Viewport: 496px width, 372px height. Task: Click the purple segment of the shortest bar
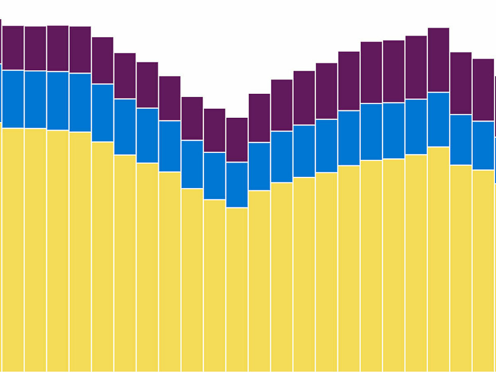pyautogui.click(x=237, y=140)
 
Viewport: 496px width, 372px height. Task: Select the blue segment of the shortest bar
pyautogui.click(x=237, y=185)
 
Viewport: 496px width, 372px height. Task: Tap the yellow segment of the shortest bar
pyautogui.click(x=237, y=289)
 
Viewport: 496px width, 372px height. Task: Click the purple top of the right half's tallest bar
pyautogui.click(x=439, y=60)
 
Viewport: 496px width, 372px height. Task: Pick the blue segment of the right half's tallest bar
pyautogui.click(x=439, y=119)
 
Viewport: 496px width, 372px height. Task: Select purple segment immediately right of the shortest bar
pyautogui.click(x=259, y=118)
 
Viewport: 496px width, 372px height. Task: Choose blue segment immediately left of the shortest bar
pyautogui.click(x=215, y=176)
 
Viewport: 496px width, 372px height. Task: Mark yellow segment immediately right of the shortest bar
pyautogui.click(x=259, y=281)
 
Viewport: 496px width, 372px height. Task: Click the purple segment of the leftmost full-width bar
pyautogui.click(x=13, y=48)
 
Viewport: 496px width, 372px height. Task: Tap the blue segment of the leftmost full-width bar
pyautogui.click(x=13, y=99)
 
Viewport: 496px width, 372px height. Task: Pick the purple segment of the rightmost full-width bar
pyautogui.click(x=483, y=90)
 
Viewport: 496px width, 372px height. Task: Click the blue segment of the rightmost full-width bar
pyautogui.click(x=483, y=145)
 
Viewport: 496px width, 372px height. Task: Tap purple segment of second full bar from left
pyautogui.click(x=35, y=48)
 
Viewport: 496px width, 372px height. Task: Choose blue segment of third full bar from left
pyautogui.click(x=57, y=101)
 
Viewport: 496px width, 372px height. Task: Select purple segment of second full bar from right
pyautogui.click(x=461, y=83)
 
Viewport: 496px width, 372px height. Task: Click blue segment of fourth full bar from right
pyautogui.click(x=416, y=127)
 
